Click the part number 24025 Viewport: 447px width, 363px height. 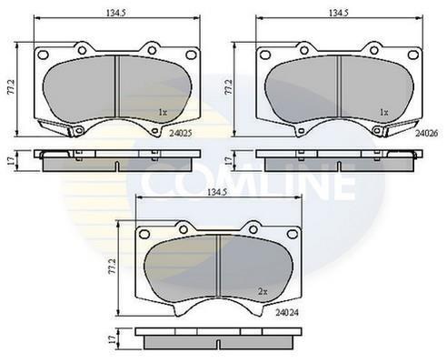pos(181,133)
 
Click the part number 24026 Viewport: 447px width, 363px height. pos(426,133)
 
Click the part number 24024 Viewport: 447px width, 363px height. pos(287,312)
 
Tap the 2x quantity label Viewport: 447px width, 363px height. pos(263,292)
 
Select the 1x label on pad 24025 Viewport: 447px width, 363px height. pos(163,113)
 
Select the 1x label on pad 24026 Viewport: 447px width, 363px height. pos(383,113)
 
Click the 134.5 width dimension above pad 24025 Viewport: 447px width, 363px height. pos(115,13)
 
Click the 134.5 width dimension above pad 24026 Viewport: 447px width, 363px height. pos(339,13)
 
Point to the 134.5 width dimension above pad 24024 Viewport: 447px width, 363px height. pos(217,192)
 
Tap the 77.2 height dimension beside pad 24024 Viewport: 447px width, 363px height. pos(113,267)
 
